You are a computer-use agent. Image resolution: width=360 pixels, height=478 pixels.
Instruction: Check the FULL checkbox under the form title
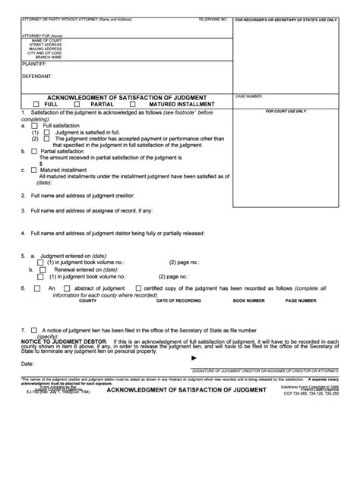click(x=36, y=103)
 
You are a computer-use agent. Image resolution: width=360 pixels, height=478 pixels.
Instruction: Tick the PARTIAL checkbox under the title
click(x=87, y=103)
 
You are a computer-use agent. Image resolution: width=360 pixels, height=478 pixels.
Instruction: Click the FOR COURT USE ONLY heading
click(x=286, y=110)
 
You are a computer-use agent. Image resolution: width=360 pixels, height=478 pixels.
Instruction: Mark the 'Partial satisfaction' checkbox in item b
click(x=34, y=151)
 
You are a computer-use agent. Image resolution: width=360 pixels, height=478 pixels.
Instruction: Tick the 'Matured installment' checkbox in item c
click(x=34, y=171)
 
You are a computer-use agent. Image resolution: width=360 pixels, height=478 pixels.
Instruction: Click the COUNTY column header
click(x=87, y=300)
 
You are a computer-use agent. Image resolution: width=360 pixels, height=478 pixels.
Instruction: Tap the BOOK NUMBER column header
click(x=249, y=300)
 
